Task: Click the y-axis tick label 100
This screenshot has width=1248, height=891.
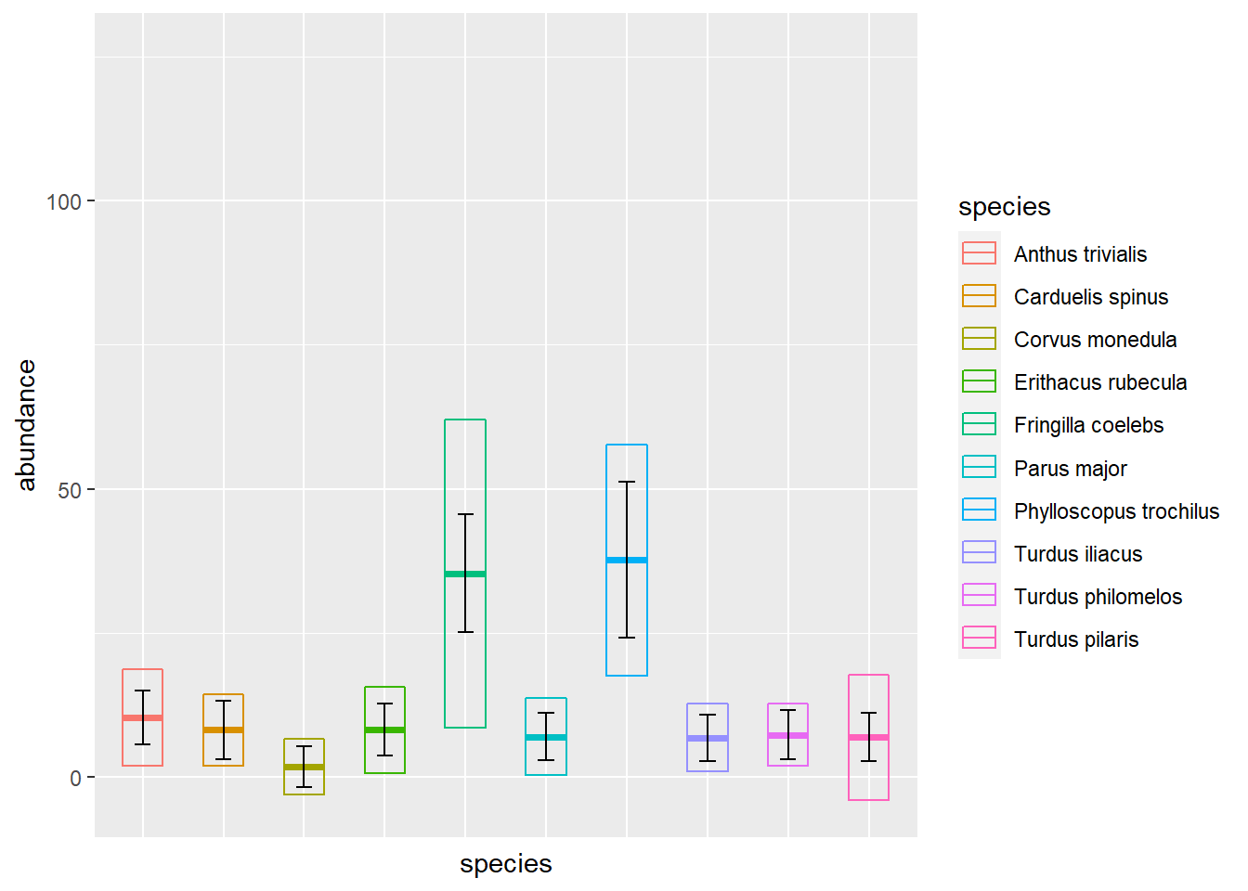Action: click(64, 201)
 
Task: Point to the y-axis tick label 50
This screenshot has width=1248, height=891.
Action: click(70, 490)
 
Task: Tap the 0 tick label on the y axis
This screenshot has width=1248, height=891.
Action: click(76, 778)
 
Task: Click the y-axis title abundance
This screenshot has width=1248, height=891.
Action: click(26, 425)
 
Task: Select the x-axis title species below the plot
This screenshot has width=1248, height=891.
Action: click(505, 864)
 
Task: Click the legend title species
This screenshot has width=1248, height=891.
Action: click(1004, 206)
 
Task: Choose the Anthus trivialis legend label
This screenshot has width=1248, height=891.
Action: click(1080, 254)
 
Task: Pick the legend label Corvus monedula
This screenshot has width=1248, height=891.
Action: click(1095, 340)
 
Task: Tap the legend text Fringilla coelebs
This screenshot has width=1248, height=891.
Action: click(1088, 425)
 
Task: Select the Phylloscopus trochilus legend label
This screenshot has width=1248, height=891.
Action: click(1116, 511)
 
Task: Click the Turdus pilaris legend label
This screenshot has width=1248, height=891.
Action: click(1075, 639)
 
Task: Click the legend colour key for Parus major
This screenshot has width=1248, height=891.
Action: click(979, 468)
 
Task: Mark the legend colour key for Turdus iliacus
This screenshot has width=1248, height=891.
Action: click(979, 553)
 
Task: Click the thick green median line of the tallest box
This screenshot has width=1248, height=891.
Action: click(465, 574)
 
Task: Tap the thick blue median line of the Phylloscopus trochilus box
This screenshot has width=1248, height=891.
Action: click(627, 560)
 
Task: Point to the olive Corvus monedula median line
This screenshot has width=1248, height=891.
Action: click(304, 767)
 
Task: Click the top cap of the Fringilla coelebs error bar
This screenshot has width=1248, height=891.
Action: click(465, 514)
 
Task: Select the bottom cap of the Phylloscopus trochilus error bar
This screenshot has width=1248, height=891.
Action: click(627, 638)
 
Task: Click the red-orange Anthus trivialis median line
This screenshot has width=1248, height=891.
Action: click(142, 717)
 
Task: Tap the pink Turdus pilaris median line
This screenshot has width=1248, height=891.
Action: click(868, 737)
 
